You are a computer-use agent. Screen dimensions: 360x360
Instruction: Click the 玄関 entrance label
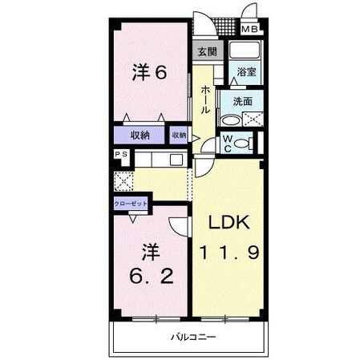tap(206, 53)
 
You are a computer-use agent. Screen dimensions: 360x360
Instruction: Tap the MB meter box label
tap(250, 30)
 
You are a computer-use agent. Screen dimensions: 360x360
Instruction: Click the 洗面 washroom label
tap(243, 102)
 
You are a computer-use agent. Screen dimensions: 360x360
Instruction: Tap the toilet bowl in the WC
tap(252, 144)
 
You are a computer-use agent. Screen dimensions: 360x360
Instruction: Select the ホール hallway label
tap(206, 100)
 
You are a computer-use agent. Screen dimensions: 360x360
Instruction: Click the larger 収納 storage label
tap(140, 135)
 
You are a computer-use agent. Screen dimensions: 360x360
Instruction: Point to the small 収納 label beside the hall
tap(179, 136)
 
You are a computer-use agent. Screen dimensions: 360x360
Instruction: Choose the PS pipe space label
tap(121, 156)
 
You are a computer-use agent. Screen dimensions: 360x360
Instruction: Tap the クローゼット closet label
tap(128, 204)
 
